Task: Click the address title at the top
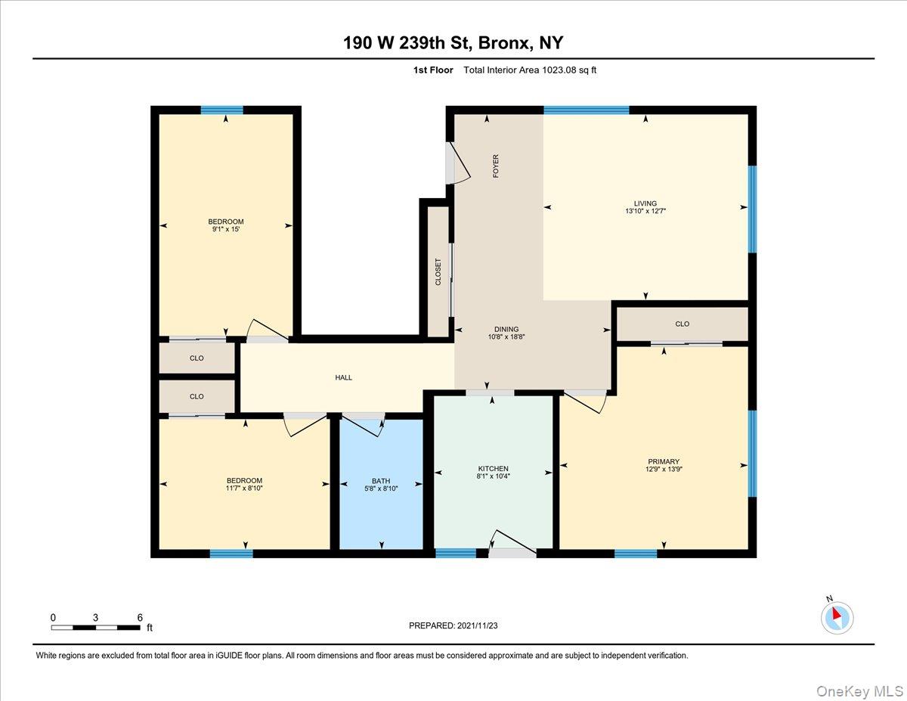(453, 42)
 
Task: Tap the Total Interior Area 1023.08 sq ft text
(525, 70)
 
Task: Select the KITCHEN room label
(493, 469)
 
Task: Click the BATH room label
(381, 481)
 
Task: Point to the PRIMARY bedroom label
(663, 461)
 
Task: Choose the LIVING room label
(645, 203)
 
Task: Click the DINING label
(506, 329)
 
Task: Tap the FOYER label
(496, 166)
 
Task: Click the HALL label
(344, 377)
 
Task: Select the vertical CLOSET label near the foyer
(438, 272)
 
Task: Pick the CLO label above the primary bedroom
(682, 324)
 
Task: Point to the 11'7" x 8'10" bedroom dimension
(244, 489)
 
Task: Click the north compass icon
(836, 617)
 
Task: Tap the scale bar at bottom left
(95, 627)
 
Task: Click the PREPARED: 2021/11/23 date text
(453, 625)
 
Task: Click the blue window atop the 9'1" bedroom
(222, 110)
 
